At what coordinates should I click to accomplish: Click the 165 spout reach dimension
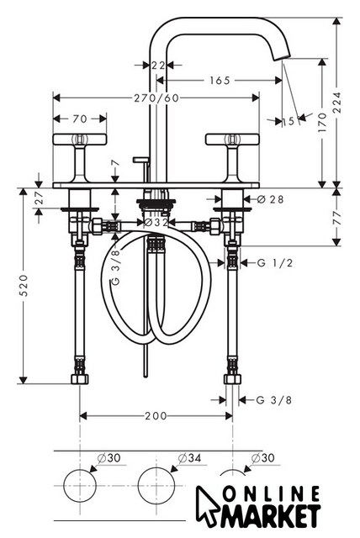[x=220, y=81]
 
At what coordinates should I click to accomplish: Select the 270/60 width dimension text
[x=156, y=98]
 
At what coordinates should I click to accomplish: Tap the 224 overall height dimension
[x=337, y=103]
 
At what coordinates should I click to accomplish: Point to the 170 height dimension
[x=322, y=123]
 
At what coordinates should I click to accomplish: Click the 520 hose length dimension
[x=24, y=285]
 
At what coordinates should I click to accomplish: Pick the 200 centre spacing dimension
[x=156, y=416]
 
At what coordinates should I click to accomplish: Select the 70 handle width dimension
[x=80, y=119]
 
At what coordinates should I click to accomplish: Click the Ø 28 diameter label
[x=271, y=199]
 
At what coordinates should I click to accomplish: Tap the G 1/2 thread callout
[x=275, y=263]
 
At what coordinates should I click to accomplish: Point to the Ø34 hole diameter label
[x=189, y=458]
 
